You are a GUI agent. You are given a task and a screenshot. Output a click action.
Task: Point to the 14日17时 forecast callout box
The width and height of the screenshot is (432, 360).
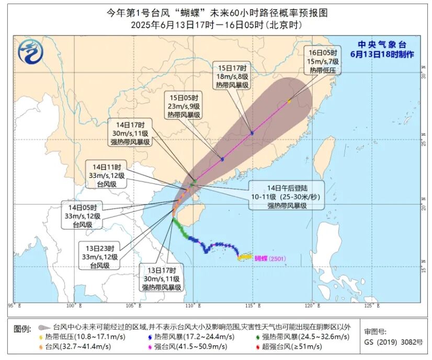[x=131, y=132]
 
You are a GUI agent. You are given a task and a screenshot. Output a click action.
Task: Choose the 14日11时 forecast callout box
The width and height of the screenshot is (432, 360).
[x=106, y=175]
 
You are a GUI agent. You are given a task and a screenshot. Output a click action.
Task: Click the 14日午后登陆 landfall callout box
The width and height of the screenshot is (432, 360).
[x=287, y=196]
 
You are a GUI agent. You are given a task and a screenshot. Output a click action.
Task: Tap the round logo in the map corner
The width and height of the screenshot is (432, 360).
[x=29, y=51]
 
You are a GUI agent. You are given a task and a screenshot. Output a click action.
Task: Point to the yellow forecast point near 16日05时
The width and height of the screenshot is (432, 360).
[x=289, y=101]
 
